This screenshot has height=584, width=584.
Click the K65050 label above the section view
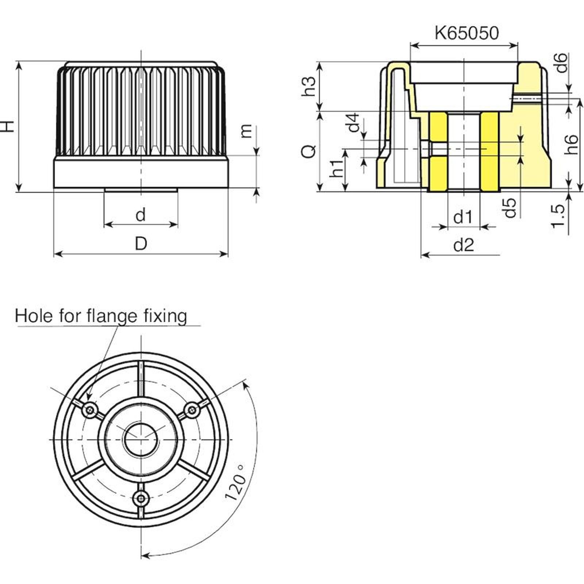tap(466, 33)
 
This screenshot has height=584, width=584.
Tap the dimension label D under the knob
tap(141, 243)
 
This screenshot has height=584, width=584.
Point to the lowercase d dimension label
tap(141, 215)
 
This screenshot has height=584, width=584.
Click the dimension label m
tap(247, 131)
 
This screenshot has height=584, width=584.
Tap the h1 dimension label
tap(336, 168)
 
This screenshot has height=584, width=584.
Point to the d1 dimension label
tap(463, 218)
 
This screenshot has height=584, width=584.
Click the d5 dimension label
tap(510, 208)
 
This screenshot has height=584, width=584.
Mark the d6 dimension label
tap(562, 62)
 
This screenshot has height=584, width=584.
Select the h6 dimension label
tap(571, 145)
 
